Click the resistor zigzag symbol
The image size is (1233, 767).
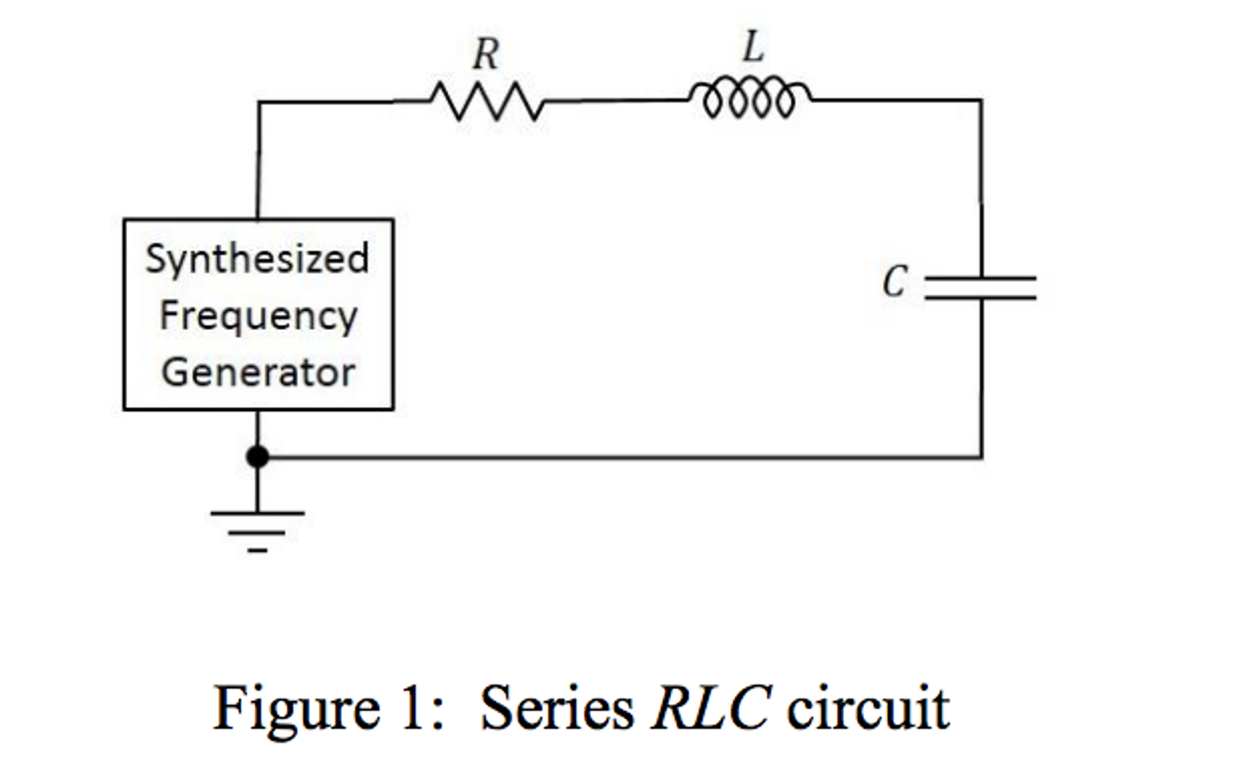(487, 102)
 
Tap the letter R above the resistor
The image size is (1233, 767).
(486, 54)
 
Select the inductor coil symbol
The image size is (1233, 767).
(750, 98)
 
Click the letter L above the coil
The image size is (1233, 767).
(753, 47)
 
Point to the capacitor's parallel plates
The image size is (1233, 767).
(980, 288)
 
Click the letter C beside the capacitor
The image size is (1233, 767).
(894, 282)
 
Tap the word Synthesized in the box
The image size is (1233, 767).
(257, 260)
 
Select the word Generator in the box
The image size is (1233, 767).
(258, 372)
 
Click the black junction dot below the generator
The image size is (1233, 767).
(257, 457)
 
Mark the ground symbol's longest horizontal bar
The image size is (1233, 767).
(257, 513)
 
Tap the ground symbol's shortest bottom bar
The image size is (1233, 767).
(257, 550)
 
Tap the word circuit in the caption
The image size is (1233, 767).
(868, 708)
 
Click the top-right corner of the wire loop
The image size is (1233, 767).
(980, 100)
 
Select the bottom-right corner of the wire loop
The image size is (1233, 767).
(982, 457)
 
